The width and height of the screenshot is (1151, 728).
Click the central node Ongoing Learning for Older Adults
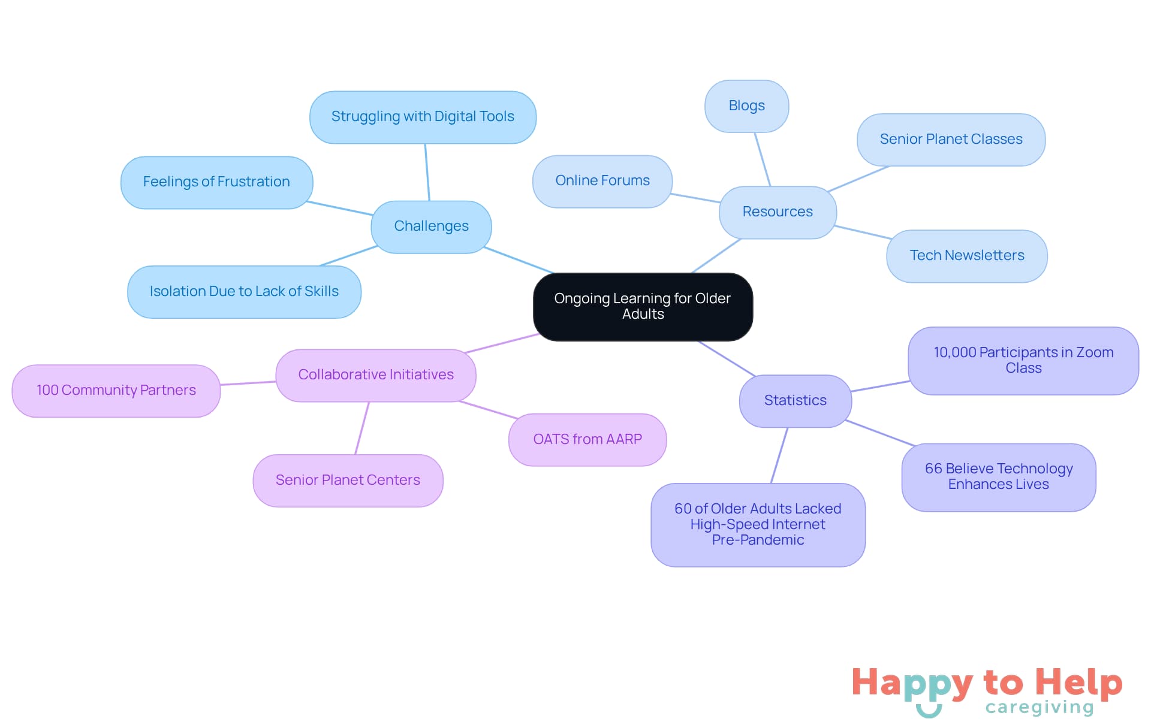pos(643,306)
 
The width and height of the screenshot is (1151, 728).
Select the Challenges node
pos(431,226)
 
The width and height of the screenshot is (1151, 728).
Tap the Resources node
pos(778,212)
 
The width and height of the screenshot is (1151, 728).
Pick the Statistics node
pos(795,401)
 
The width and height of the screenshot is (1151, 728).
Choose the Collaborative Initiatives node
pos(376,375)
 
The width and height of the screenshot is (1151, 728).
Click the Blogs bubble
pos(746,106)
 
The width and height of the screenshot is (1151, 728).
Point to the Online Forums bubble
pos(602,181)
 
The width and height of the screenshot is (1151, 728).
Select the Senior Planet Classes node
pos(951,140)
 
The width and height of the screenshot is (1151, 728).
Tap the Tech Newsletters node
pos(966,256)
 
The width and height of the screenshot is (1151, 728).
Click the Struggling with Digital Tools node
pos(423,117)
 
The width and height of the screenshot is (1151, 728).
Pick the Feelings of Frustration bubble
pos(216,182)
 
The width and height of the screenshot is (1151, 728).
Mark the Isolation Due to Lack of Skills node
pos(244,292)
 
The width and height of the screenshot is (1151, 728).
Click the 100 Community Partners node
pos(116,391)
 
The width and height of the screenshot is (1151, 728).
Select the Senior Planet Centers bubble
pos(348,481)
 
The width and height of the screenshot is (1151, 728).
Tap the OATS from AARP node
pos(587,440)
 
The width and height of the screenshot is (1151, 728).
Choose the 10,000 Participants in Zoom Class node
pos(1023,361)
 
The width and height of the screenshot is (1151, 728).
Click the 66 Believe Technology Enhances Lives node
pos(999,477)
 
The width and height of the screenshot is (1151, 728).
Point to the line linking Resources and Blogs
pos(762,159)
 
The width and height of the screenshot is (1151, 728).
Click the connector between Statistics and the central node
pos(726,358)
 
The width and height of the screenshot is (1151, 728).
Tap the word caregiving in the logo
pos(1039,708)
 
